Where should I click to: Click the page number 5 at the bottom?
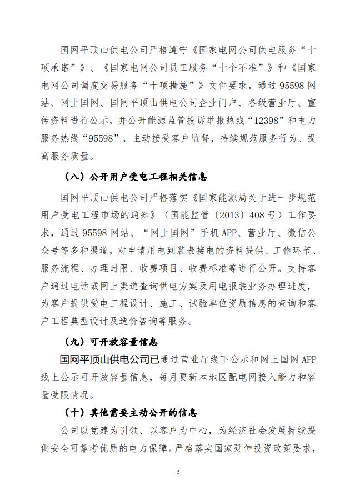click(179, 472)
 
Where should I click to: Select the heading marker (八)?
click(74, 177)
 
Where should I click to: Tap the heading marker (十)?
click(74, 413)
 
